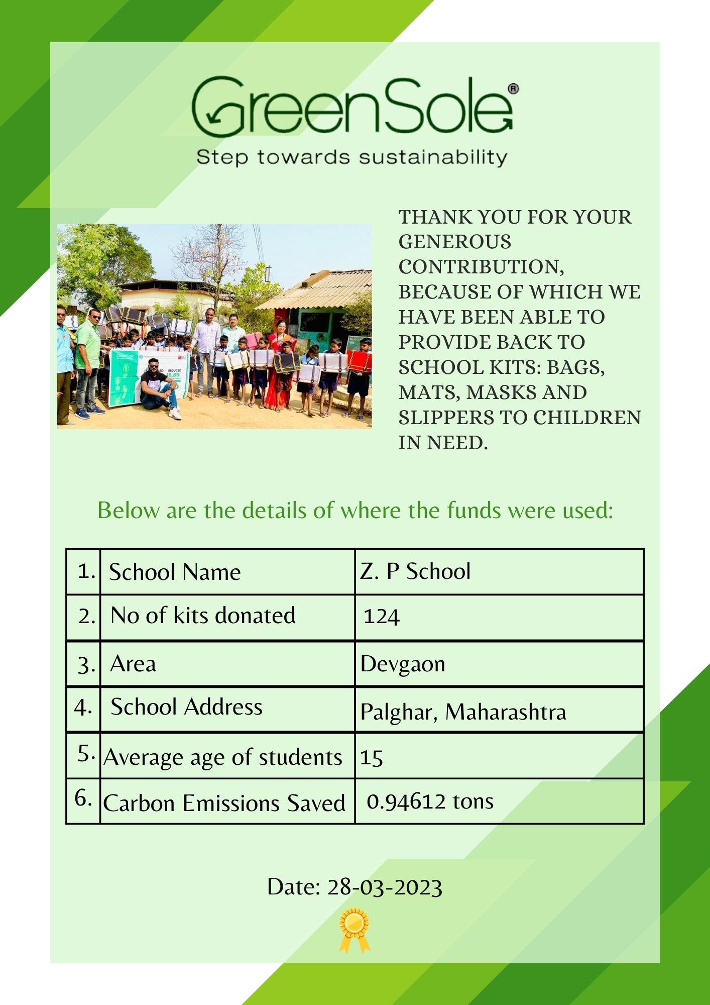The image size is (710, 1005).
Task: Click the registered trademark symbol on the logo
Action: pyautogui.click(x=513, y=89)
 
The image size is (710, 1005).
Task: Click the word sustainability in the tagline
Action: pyautogui.click(x=433, y=157)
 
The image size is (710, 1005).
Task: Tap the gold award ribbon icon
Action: pyautogui.click(x=354, y=930)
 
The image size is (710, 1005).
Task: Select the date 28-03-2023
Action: pyautogui.click(x=385, y=887)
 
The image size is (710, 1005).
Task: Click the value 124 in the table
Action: pyautogui.click(x=382, y=617)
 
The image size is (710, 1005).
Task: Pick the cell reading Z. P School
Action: pyautogui.click(x=415, y=571)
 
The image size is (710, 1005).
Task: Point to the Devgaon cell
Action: pyautogui.click(x=403, y=664)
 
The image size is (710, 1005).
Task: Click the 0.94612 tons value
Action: pyautogui.click(x=430, y=801)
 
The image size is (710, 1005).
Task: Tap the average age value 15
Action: pyautogui.click(x=372, y=758)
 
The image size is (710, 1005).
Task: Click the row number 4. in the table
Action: pyautogui.click(x=83, y=708)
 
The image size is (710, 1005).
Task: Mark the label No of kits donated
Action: pyautogui.click(x=203, y=616)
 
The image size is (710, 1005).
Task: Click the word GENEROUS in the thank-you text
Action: pyautogui.click(x=455, y=242)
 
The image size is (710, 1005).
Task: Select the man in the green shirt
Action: pyautogui.click(x=88, y=362)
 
